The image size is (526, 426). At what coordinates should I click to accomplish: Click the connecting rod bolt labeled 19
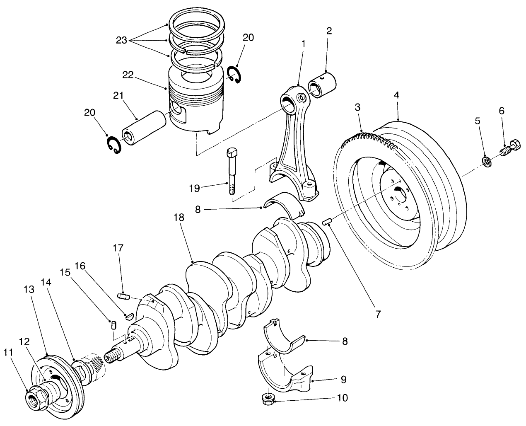tap(232, 170)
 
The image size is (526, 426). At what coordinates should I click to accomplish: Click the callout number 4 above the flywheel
tap(396, 95)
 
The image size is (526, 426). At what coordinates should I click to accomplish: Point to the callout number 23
tap(121, 40)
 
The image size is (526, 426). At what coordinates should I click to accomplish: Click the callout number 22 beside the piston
tap(128, 75)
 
